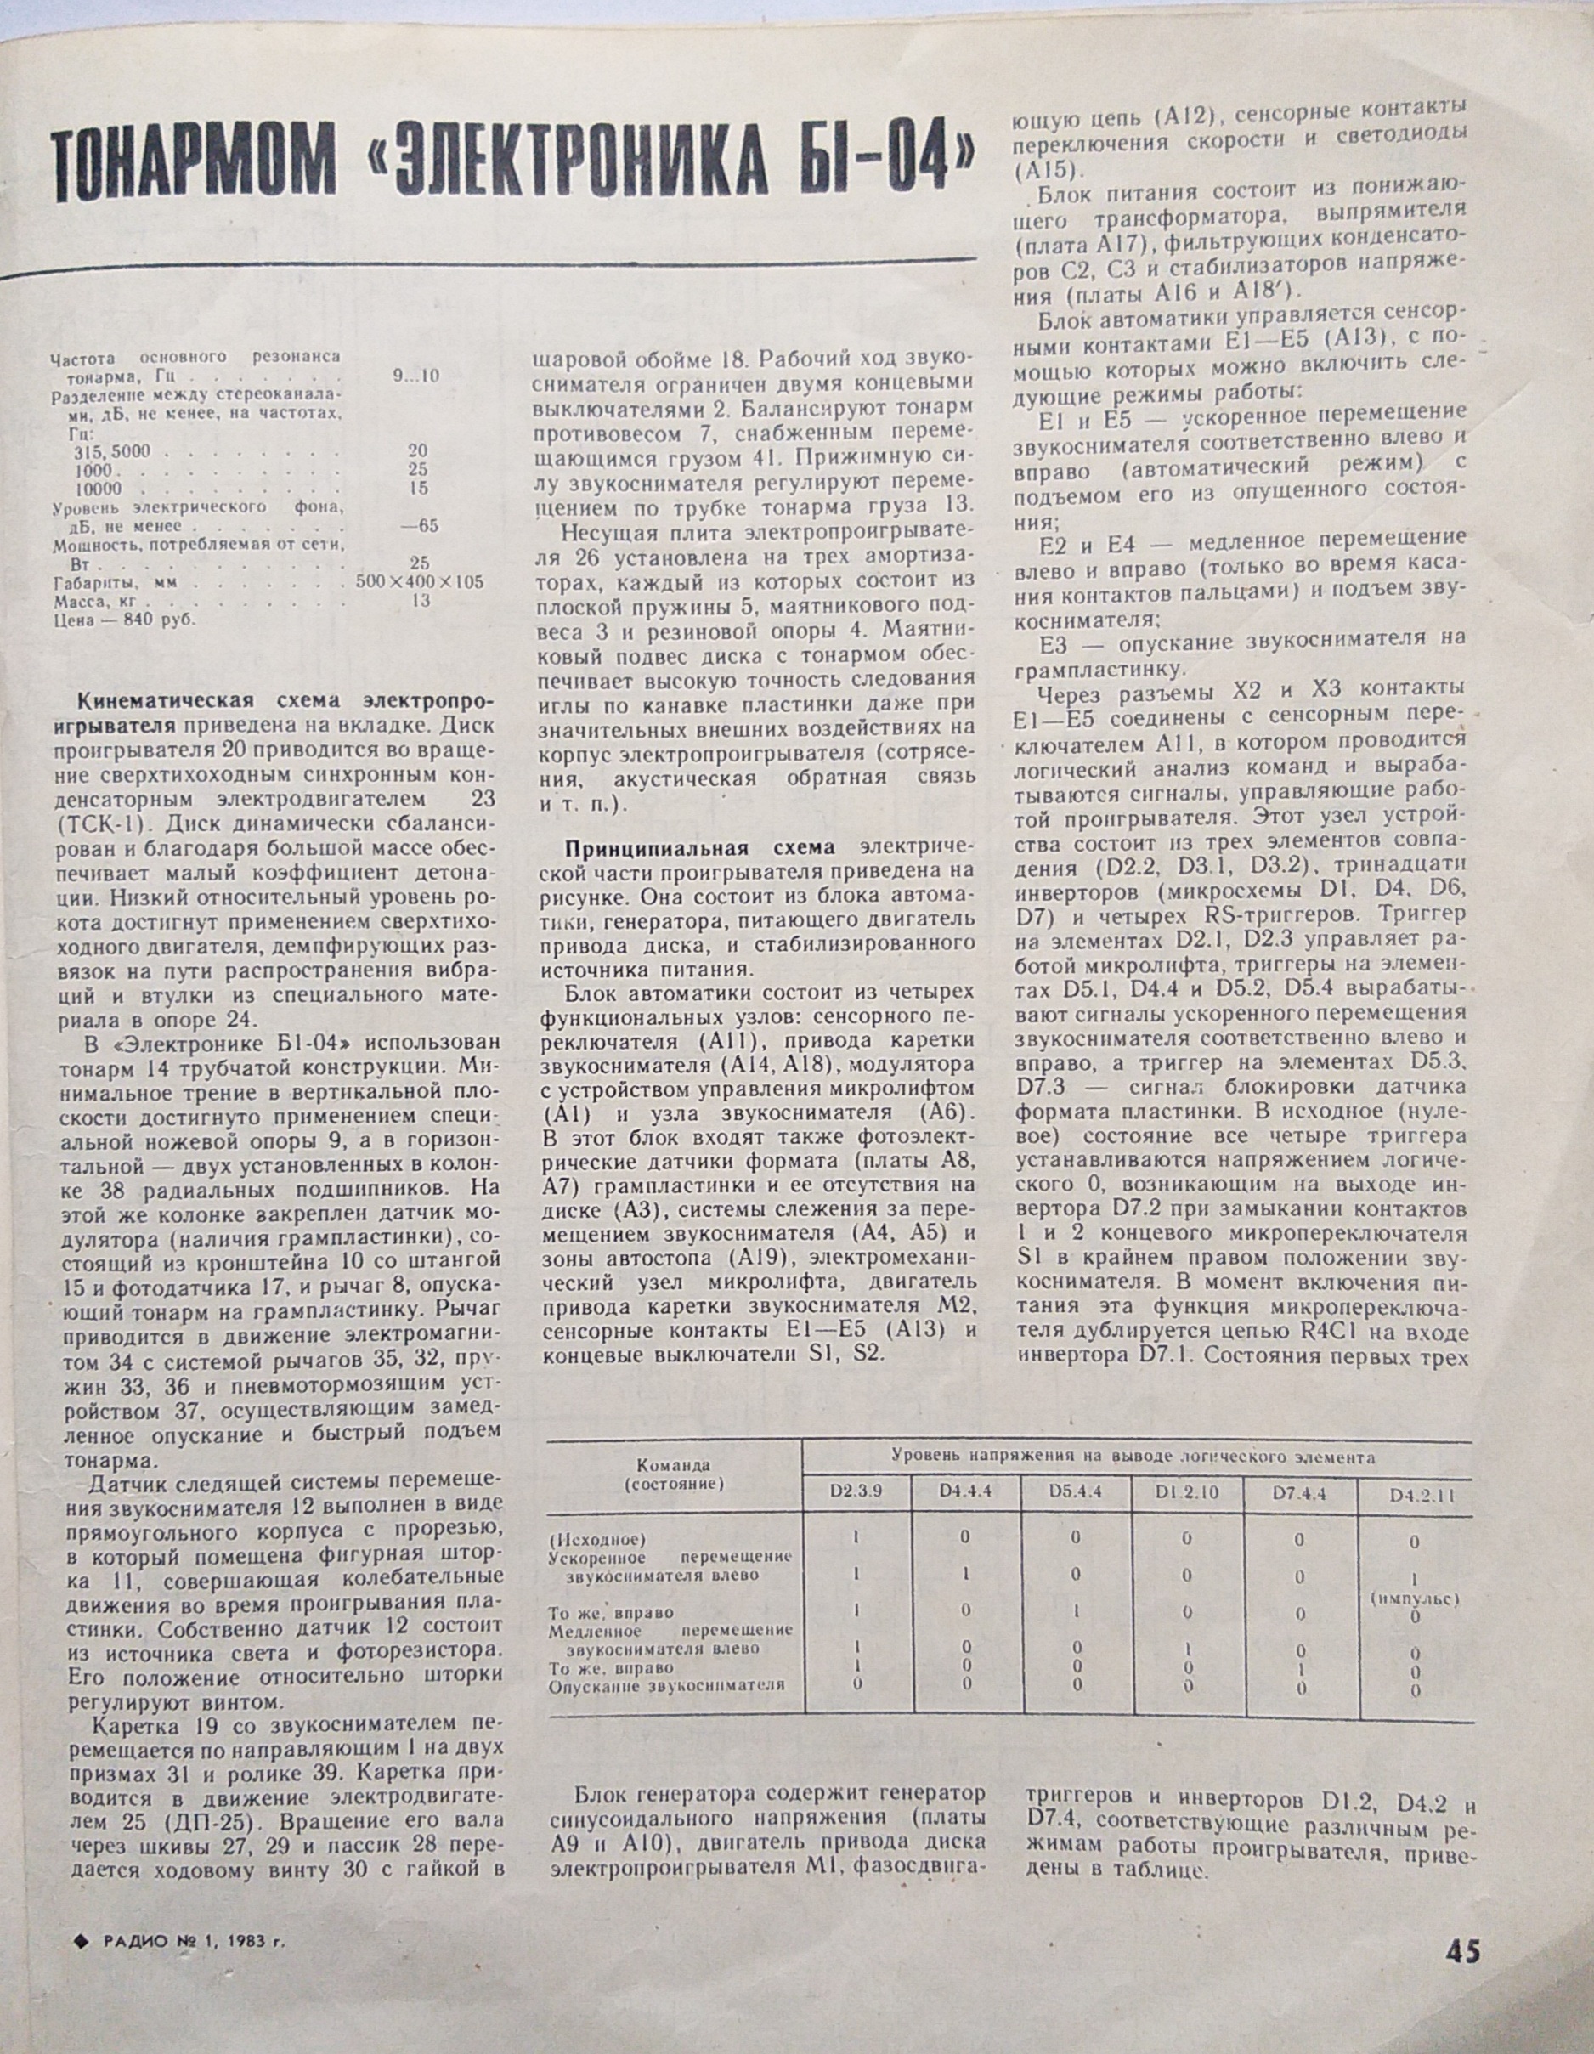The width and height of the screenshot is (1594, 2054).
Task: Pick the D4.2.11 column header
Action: [1416, 1496]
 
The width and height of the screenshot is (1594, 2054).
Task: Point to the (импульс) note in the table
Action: [1415, 1598]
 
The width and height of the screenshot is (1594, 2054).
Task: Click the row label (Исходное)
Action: [596, 1541]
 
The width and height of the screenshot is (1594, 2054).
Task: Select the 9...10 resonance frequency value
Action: [415, 376]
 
